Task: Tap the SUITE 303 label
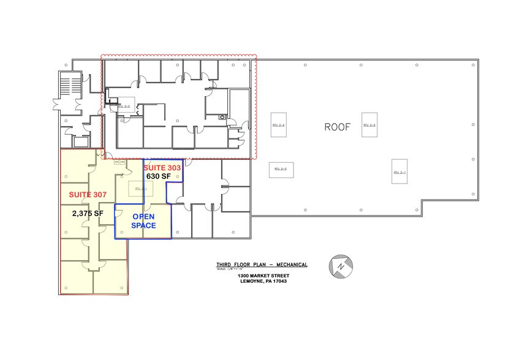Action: pyautogui.click(x=162, y=167)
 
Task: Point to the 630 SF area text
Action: pyautogui.click(x=158, y=176)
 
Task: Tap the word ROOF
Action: pyautogui.click(x=338, y=127)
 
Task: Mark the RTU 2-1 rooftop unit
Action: pyautogui.click(x=400, y=172)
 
